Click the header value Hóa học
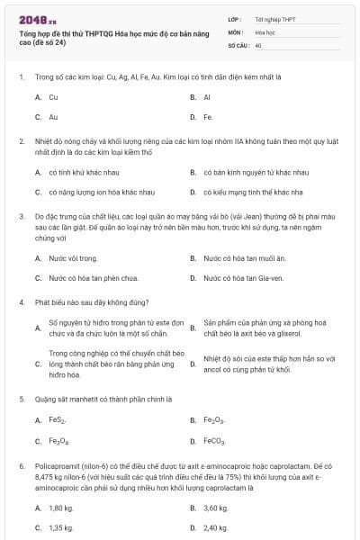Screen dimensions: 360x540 click(265, 31)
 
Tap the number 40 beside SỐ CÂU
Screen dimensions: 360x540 click(258, 44)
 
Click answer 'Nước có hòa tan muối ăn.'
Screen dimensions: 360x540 click(244, 258)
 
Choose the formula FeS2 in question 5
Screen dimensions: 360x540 click(58, 420)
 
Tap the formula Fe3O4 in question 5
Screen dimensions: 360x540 click(58, 441)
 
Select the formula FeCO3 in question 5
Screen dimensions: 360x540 click(215, 441)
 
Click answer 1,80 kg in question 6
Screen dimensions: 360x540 click(61, 508)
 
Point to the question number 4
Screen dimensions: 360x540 click(22, 303)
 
